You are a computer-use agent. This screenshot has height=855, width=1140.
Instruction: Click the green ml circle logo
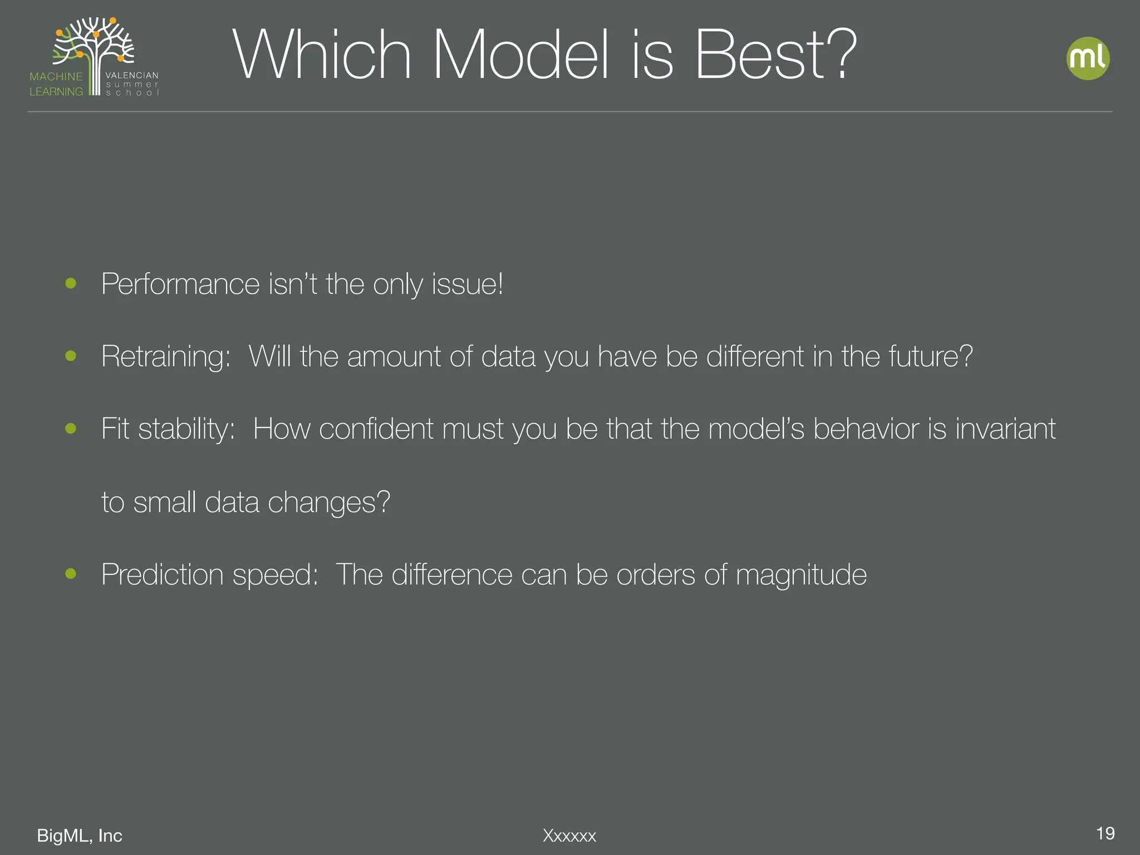point(1088,58)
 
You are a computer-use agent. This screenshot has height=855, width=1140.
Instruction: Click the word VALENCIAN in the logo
point(132,75)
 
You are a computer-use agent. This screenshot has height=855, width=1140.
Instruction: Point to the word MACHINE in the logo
point(56,76)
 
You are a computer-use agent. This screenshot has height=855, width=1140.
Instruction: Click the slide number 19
point(1105,833)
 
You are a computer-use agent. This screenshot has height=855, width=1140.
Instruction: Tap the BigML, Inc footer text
point(80,836)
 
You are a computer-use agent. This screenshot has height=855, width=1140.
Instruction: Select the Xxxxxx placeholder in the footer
point(569,836)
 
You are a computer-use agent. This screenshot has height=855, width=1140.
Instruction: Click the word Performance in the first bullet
point(180,284)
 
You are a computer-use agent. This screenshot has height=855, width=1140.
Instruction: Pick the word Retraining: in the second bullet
point(166,357)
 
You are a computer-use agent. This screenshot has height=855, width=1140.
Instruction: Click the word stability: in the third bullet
point(186,430)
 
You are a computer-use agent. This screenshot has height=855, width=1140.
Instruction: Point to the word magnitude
point(801,574)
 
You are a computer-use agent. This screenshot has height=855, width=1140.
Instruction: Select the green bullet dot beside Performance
point(71,283)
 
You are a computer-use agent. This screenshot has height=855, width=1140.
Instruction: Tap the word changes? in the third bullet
point(329,502)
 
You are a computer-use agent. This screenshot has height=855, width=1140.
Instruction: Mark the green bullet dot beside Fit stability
point(71,428)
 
